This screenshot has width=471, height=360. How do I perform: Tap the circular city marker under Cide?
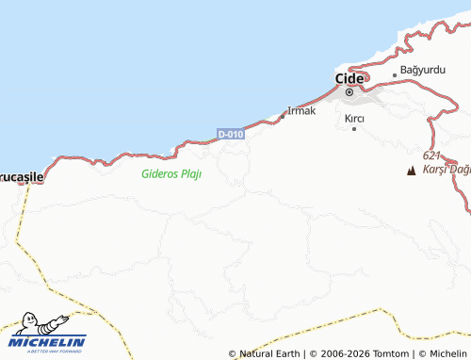(x=349, y=92)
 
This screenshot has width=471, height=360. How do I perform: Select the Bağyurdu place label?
(x=421, y=71)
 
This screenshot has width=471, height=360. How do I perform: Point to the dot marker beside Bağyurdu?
(x=395, y=74)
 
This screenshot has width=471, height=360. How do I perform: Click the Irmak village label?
(x=301, y=110)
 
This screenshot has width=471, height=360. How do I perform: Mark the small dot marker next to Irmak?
(x=283, y=116)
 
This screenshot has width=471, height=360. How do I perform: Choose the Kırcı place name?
(x=354, y=118)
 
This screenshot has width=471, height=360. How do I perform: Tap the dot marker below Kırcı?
(x=354, y=129)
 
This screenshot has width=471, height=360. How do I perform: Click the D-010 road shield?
(x=231, y=135)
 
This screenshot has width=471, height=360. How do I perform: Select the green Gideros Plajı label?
(x=171, y=173)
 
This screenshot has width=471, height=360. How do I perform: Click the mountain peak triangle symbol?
(x=411, y=171)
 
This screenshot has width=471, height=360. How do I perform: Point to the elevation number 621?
(x=431, y=155)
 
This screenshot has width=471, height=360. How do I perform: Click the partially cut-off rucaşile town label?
(x=21, y=175)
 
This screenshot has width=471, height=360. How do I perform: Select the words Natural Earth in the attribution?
(x=268, y=354)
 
